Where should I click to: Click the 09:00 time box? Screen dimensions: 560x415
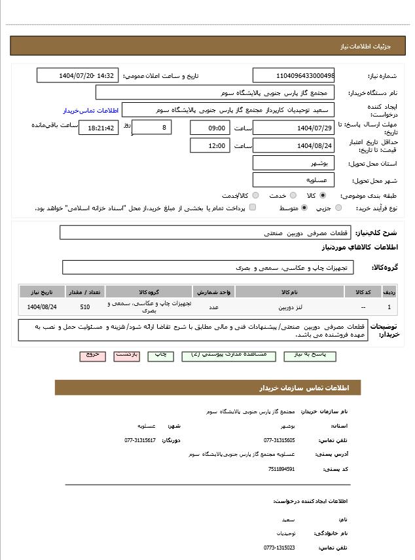coord(210,128)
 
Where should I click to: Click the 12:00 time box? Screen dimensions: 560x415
coord(210,145)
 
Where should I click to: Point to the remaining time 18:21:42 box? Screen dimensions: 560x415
coord(99,128)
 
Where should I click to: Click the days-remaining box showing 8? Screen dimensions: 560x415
coord(152,126)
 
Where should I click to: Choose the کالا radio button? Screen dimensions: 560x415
coord(323,195)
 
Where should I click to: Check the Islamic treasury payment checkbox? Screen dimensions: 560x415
coord(253,208)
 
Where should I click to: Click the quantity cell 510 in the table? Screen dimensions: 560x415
coord(85,307)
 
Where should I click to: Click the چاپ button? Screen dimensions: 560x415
coord(161,354)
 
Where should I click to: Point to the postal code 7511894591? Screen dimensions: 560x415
coord(282,469)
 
